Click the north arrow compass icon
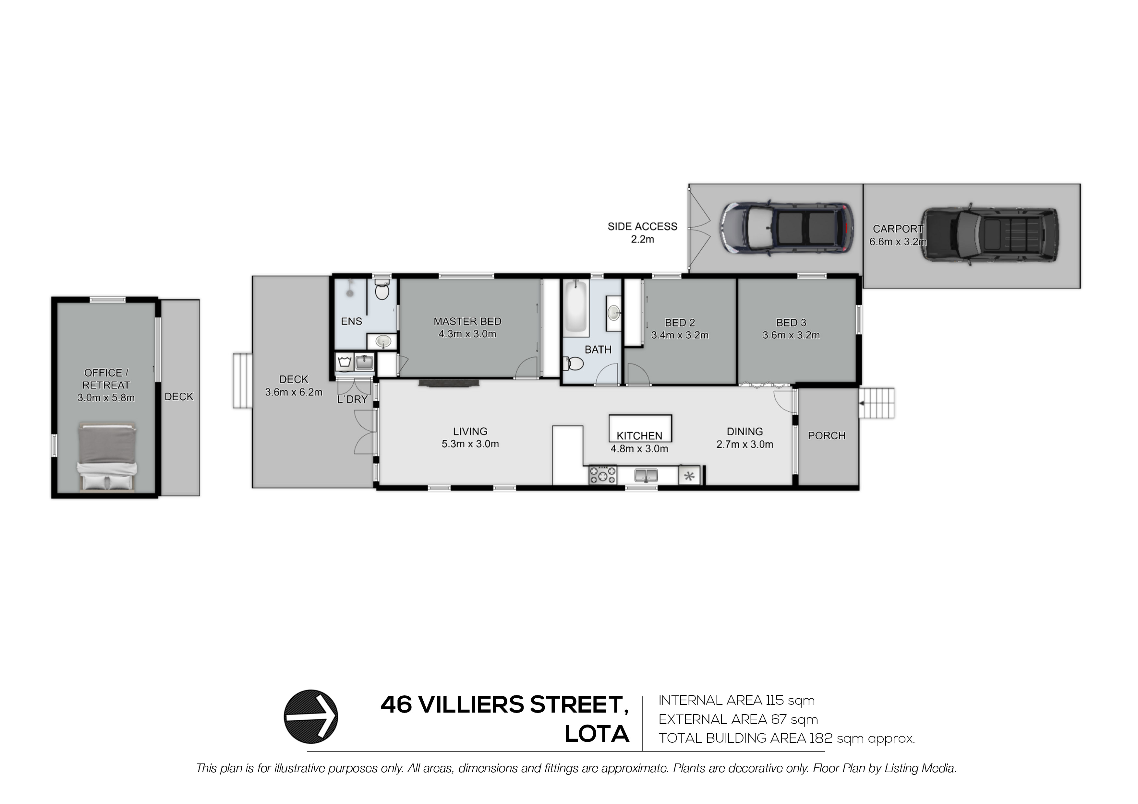click(311, 716)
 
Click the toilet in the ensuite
click(381, 289)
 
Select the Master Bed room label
click(467, 322)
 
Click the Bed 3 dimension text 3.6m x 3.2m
click(791, 335)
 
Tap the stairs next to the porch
click(877, 403)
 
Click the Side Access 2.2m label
click(642, 233)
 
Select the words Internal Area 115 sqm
click(736, 701)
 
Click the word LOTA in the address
click(597, 734)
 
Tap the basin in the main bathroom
click(614, 313)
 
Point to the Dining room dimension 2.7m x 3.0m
click(745, 444)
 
